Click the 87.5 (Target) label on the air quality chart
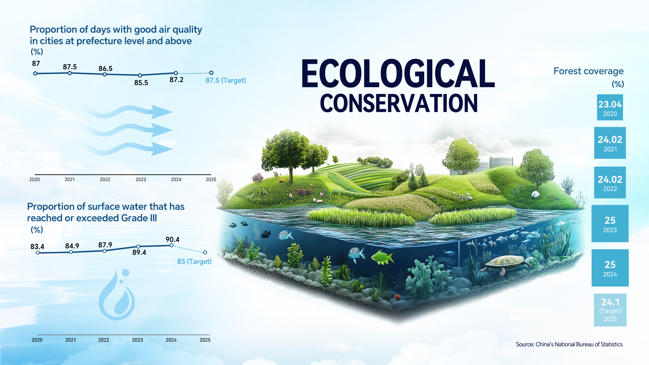225,80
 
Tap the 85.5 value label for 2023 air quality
141,83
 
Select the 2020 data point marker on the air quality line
35,73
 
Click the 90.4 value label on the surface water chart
172,240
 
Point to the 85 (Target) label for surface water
194,262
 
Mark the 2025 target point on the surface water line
205,252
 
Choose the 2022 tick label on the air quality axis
105,179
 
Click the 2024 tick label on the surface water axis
171,340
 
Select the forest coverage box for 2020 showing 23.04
610,107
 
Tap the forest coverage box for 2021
610,143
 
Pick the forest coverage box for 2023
610,223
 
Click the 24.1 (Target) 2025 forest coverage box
610,310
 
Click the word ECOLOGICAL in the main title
398,74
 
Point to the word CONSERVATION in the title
399,103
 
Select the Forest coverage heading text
588,71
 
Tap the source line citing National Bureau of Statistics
569,344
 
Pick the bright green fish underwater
382,258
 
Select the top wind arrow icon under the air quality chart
126,112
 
